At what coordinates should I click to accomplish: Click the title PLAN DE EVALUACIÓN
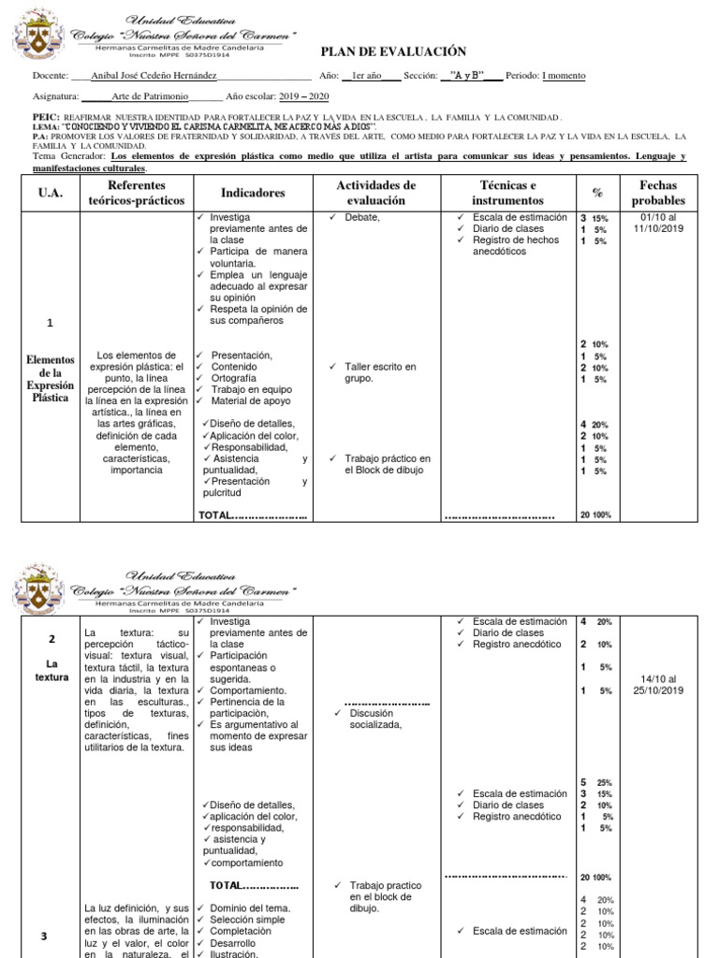(x=394, y=52)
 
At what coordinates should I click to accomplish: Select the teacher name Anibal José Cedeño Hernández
(x=156, y=76)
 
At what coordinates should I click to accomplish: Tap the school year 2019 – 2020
(x=304, y=95)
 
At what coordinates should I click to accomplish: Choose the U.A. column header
(x=49, y=193)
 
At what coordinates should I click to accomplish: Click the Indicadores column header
(x=253, y=193)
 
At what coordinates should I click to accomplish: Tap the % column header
(x=597, y=193)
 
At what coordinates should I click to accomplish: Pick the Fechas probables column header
(x=657, y=193)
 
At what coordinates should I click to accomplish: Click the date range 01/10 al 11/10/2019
(x=659, y=223)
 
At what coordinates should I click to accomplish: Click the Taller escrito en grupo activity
(x=379, y=372)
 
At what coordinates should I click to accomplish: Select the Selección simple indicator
(x=247, y=920)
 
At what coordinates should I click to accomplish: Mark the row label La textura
(x=51, y=670)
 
